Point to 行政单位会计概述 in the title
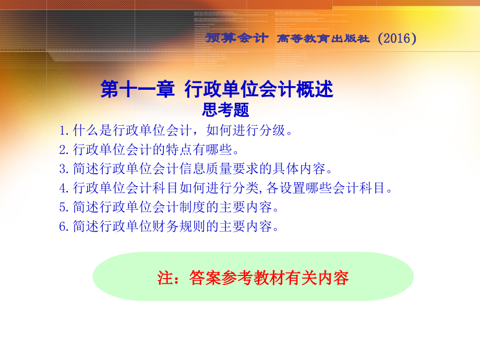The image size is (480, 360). point(259,90)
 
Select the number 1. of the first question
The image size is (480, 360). point(65,130)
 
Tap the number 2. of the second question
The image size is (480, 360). point(65,150)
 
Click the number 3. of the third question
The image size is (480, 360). point(65,169)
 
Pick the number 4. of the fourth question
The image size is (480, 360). point(65,188)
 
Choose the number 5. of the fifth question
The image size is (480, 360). point(65,207)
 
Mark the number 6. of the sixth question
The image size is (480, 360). point(65,226)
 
